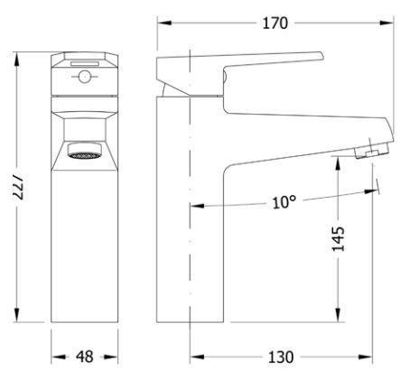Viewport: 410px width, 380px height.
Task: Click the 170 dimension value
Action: pyautogui.click(x=275, y=23)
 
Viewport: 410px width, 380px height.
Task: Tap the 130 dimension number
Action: pyautogui.click(x=281, y=357)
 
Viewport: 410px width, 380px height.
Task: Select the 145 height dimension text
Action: pyautogui.click(x=338, y=238)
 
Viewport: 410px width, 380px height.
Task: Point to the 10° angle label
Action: pyautogui.click(x=284, y=202)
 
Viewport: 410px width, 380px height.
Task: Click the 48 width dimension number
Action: pyautogui.click(x=84, y=357)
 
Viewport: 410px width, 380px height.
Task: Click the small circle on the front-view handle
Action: pyautogui.click(x=85, y=77)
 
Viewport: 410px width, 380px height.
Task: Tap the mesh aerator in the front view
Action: pyautogui.click(x=84, y=155)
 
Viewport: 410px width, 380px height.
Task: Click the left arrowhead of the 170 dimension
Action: pyautogui.click(x=164, y=23)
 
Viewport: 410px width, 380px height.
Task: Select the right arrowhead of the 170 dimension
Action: pyautogui.click(x=387, y=23)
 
